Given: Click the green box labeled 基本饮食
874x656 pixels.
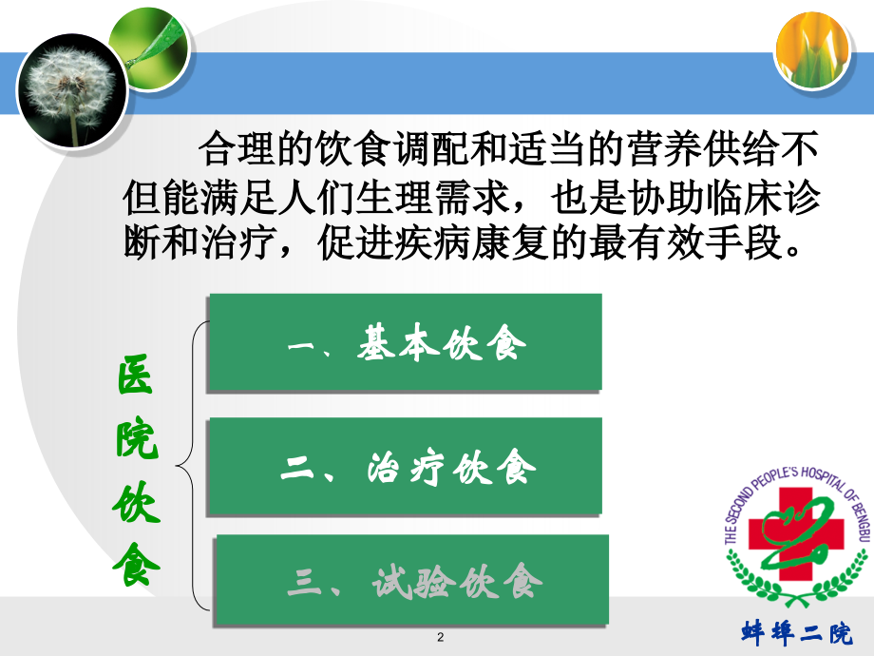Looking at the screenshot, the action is pyautogui.click(x=406, y=342).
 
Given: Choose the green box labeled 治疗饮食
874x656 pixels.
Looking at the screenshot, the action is pyautogui.click(x=406, y=466).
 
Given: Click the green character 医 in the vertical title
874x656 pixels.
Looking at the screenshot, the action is pyautogui.click(x=135, y=375).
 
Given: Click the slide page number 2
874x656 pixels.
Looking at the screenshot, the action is pyautogui.click(x=441, y=637).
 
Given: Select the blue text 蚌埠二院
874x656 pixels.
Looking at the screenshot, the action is pyautogui.click(x=797, y=632).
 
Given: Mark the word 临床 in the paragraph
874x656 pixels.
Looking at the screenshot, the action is pyautogui.click(x=744, y=197).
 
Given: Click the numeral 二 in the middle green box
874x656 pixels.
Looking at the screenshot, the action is pyautogui.click(x=297, y=468).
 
